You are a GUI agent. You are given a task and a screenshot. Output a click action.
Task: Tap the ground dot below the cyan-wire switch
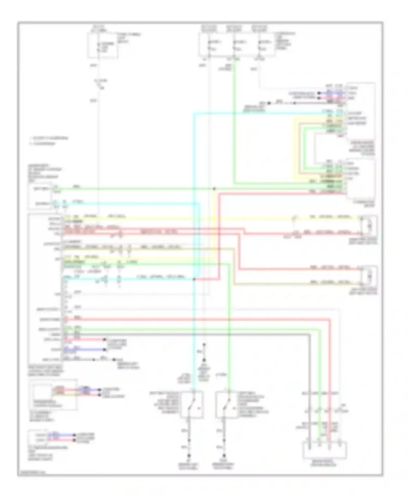(x=189, y=455)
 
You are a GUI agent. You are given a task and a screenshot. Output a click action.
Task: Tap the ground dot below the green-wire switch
(x=224, y=455)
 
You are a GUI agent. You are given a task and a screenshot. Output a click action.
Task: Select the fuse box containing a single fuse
(x=102, y=46)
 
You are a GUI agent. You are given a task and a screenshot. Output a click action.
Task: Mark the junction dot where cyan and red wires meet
(x=194, y=279)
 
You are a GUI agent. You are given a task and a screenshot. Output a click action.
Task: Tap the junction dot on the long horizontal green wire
(x=214, y=189)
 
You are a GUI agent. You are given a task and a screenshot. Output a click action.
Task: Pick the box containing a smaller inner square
(x=53, y=394)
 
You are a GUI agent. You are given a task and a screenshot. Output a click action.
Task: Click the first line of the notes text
(x=49, y=138)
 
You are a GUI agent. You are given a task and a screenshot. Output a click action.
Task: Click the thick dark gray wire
(x=190, y=334)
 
